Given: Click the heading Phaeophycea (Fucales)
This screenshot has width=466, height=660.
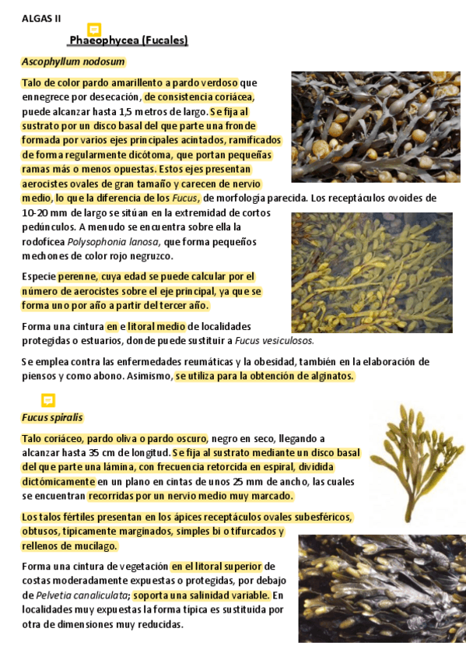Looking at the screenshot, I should pos(128,40).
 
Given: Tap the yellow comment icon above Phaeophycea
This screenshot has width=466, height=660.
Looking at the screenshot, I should pos(94,30).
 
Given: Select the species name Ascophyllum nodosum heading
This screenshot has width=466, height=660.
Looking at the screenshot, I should pos(73,61).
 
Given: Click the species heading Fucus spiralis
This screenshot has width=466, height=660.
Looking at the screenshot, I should pos(52,417).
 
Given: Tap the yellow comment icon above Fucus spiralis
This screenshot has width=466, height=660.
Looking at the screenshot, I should pos(48,400).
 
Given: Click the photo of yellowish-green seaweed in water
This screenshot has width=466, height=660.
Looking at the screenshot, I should pos(371,272).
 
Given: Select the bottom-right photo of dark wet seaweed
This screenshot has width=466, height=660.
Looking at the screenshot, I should pos(380,588).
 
